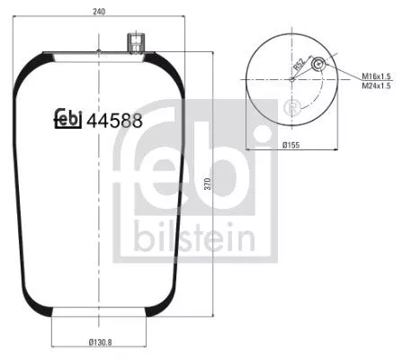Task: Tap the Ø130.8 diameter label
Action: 94,342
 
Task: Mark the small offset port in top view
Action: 317,64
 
